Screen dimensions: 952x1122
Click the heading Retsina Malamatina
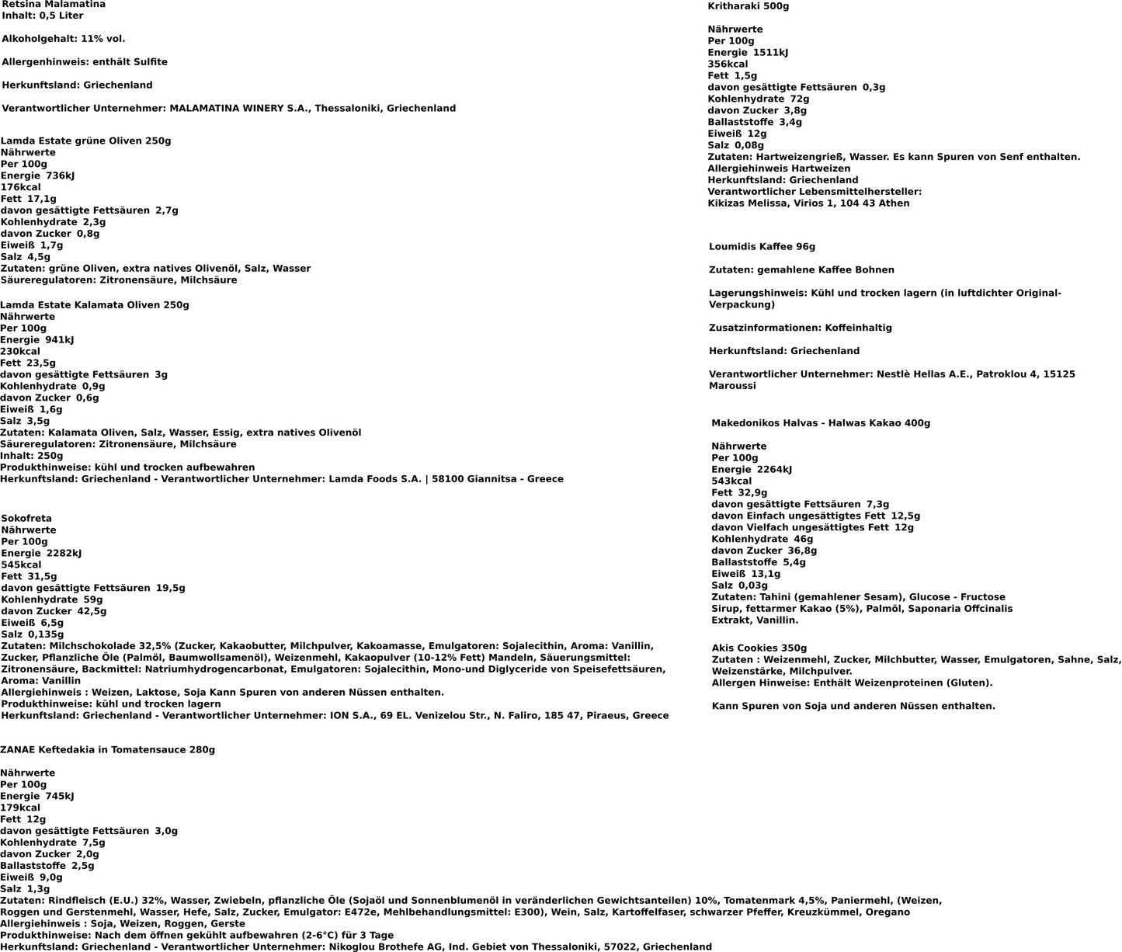click(x=54, y=5)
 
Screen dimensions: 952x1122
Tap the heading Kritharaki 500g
click(x=748, y=6)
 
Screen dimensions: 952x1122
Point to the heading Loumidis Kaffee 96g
click(x=762, y=247)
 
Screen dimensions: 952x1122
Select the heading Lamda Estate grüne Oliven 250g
click(x=85, y=141)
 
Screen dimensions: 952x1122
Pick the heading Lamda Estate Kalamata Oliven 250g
click(x=95, y=305)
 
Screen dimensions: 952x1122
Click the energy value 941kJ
click(x=60, y=340)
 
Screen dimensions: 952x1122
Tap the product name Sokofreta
click(x=26, y=519)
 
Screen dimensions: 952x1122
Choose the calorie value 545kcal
click(x=21, y=565)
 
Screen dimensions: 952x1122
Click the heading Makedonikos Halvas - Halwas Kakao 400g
click(x=821, y=423)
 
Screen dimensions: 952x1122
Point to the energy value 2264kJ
click(x=774, y=470)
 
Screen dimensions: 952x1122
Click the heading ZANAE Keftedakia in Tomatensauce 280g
click(x=107, y=750)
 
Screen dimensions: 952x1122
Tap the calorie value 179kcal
click(x=20, y=808)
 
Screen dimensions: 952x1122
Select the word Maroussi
click(x=732, y=386)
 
